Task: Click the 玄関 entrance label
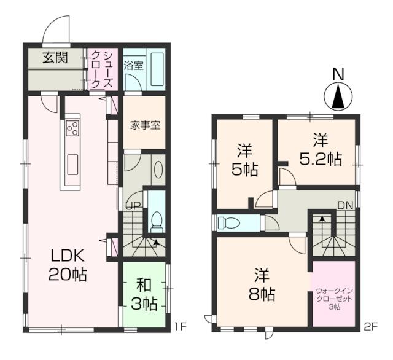[55, 58]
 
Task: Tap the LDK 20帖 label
[68, 265]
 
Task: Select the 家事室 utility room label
[145, 125]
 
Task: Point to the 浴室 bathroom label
[134, 66]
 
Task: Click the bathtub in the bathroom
[157, 69]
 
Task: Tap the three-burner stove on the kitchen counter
[72, 128]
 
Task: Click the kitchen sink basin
[72, 165]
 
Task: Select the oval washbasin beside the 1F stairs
[158, 170]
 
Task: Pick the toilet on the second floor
[229, 222]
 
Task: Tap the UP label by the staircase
[134, 206]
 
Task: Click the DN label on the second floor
[345, 206]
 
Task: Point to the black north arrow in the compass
[338, 96]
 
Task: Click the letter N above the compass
[338, 75]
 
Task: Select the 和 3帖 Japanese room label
[144, 295]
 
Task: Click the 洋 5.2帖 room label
[321, 150]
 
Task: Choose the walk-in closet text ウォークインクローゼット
[334, 295]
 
